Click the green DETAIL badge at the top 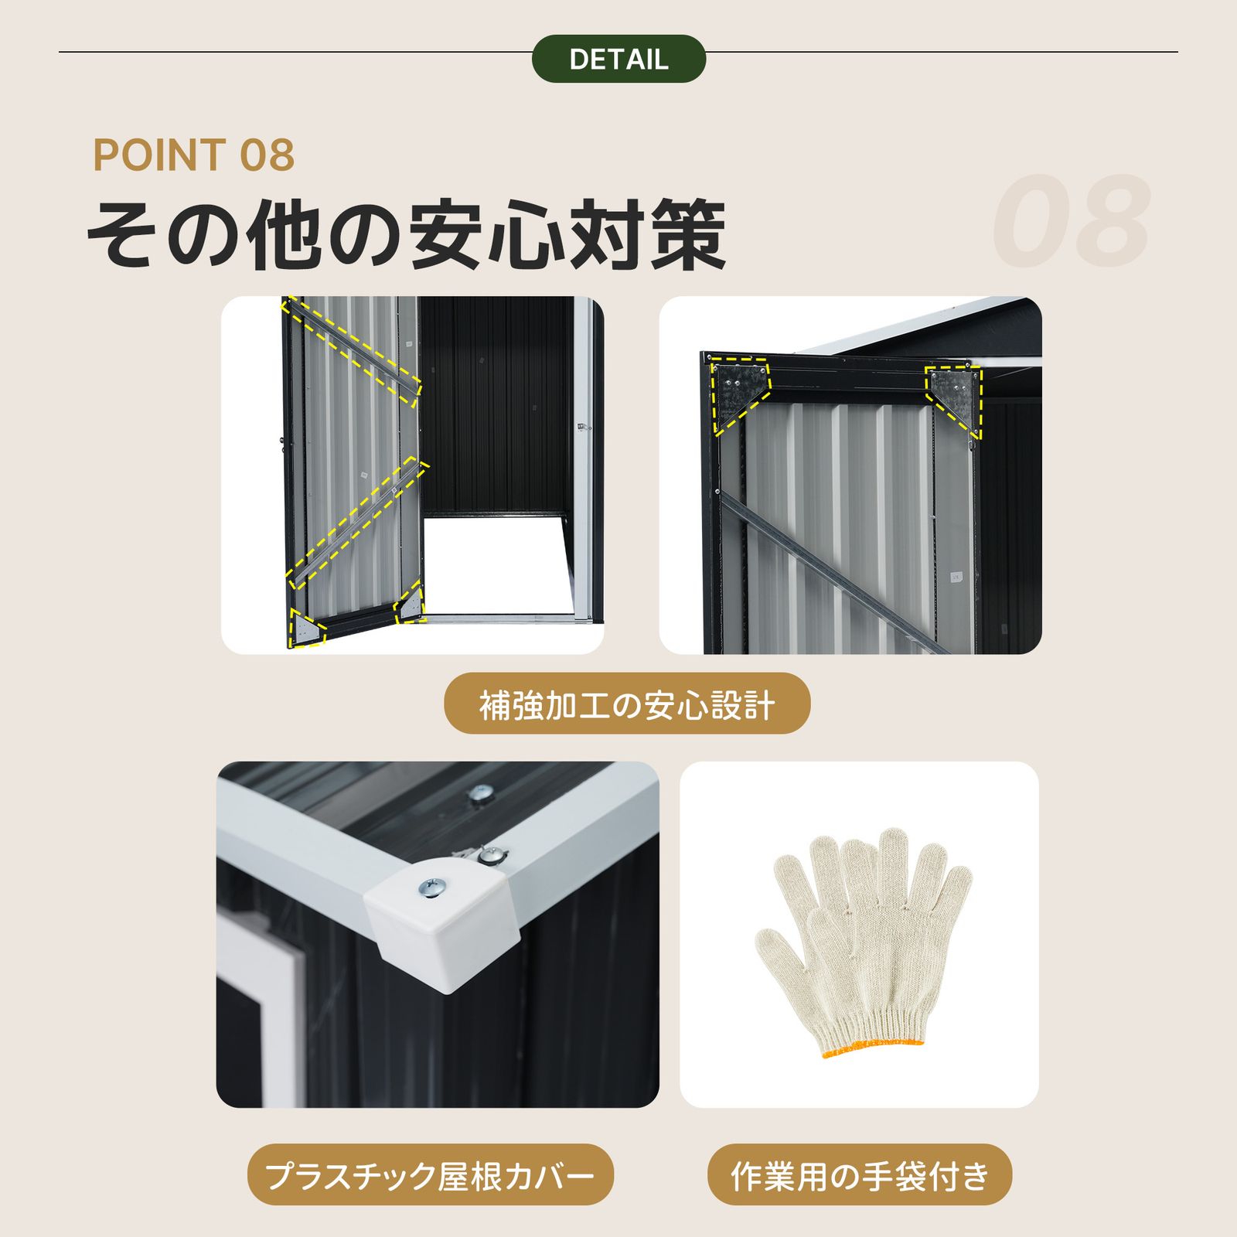pos(618,59)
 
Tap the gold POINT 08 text pos(193,155)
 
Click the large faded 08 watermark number pos(1071,222)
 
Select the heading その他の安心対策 pos(406,234)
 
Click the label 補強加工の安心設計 pos(626,704)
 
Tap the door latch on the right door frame pos(582,428)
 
